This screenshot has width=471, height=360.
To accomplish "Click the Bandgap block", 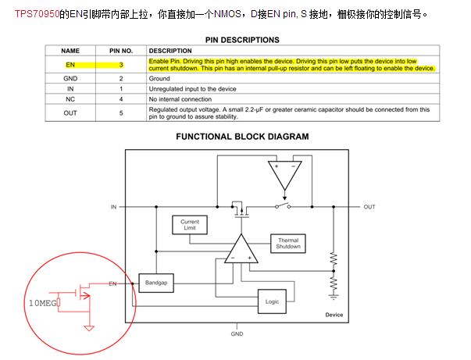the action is click(156, 283).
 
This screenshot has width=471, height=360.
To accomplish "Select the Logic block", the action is click(272, 301).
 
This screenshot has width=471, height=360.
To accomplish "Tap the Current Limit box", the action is click(190, 225).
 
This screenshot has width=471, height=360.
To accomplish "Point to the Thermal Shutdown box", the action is click(288, 244).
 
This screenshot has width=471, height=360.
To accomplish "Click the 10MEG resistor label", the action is click(43, 303).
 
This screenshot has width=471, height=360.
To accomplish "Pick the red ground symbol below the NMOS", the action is click(89, 328).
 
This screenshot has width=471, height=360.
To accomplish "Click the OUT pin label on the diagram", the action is click(369, 207).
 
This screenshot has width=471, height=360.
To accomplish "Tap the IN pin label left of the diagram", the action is click(113, 207).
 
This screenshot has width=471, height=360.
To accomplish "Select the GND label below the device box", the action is click(237, 334).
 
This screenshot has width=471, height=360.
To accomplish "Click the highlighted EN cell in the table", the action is click(70, 65).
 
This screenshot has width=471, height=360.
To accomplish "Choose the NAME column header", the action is click(70, 51).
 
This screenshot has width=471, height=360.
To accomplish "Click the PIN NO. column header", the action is click(121, 51).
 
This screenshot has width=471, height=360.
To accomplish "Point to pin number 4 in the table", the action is click(121, 99).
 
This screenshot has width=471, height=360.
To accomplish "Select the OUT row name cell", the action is click(70, 113).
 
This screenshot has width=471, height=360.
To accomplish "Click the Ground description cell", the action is click(159, 78).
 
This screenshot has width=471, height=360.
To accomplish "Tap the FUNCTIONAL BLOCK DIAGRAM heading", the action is click(242, 137).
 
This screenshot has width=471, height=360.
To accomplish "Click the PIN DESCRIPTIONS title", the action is click(242, 40).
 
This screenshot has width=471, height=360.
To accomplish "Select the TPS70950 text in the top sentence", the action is click(37, 14).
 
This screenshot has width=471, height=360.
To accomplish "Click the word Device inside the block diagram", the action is click(334, 315).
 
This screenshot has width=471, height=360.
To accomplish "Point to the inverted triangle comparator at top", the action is click(284, 175).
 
